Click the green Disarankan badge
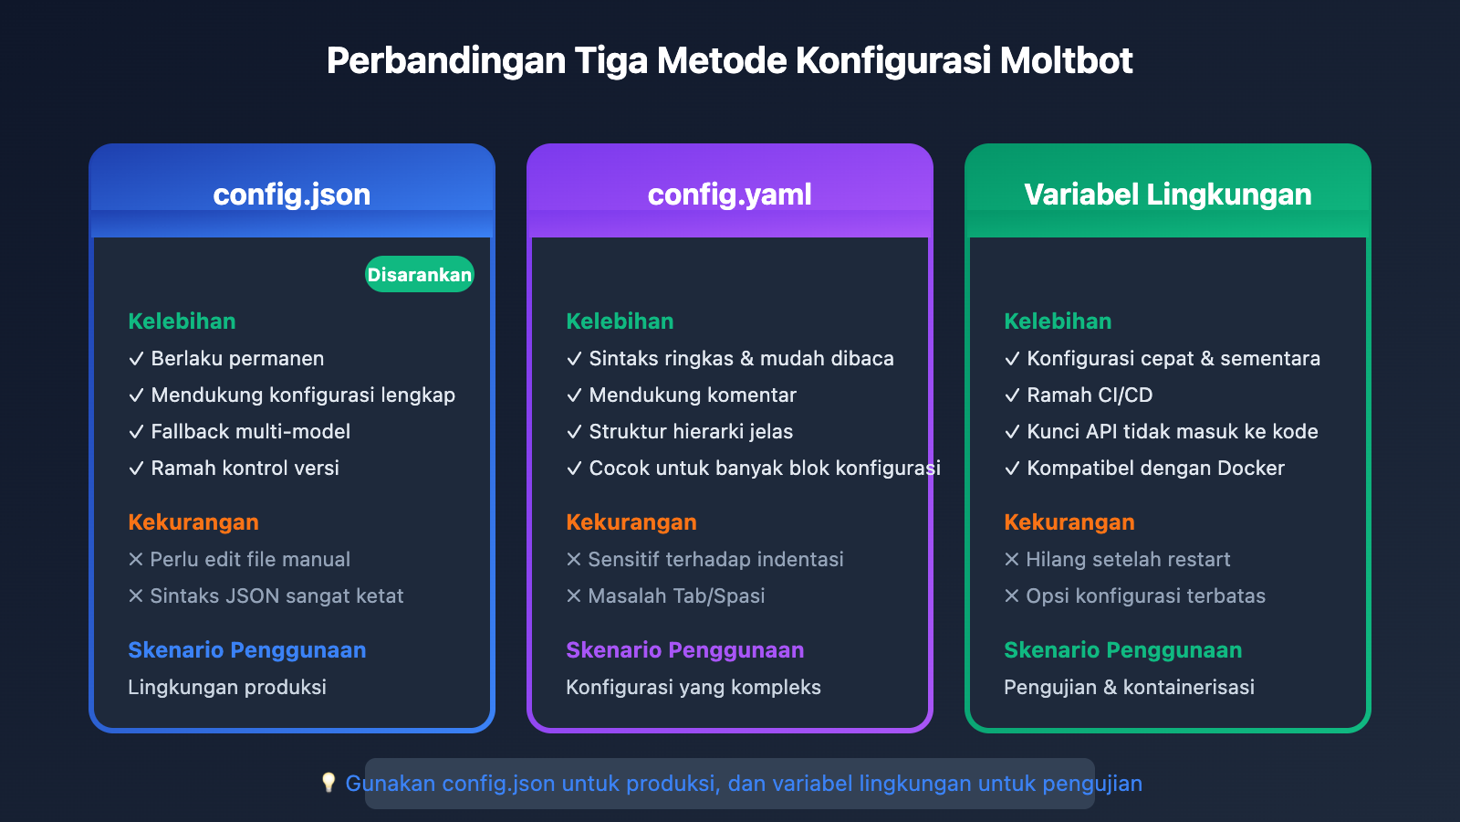point(420,274)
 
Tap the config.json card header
point(292,194)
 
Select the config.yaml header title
point(730,194)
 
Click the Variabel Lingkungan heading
point(1168,194)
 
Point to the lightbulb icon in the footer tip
point(328,783)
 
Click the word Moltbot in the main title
point(1066,61)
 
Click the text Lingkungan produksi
point(227,687)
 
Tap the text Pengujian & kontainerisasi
point(1129,687)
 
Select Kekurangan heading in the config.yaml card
point(631,522)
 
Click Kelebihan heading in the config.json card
point(182,321)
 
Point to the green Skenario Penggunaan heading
point(1122,650)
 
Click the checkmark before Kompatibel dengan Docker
point(1012,469)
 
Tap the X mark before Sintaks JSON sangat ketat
point(136,595)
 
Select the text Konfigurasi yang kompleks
point(693,687)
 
